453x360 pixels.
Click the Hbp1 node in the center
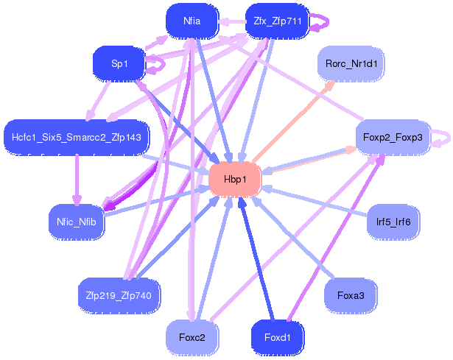pos(235,180)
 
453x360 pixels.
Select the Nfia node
pos(192,21)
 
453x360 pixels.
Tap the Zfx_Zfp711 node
pos(278,21)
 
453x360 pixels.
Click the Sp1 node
pos(119,63)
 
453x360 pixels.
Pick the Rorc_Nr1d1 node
pos(351,63)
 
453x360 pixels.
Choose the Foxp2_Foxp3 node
pos(393,137)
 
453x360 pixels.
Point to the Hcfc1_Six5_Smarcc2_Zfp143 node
pos(77,137)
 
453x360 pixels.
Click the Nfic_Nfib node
pos(77,222)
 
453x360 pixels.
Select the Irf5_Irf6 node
pos(393,222)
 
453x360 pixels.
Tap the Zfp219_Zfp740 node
pos(119,295)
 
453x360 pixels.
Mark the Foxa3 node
pos(351,295)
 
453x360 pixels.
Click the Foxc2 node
pos(192,337)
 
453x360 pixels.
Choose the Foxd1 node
pos(278,337)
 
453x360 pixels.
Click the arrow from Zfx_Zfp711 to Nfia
pos(232,21)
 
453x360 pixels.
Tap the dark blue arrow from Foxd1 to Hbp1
pos(257,259)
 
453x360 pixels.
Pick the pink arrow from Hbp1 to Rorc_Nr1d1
pos(294,121)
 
